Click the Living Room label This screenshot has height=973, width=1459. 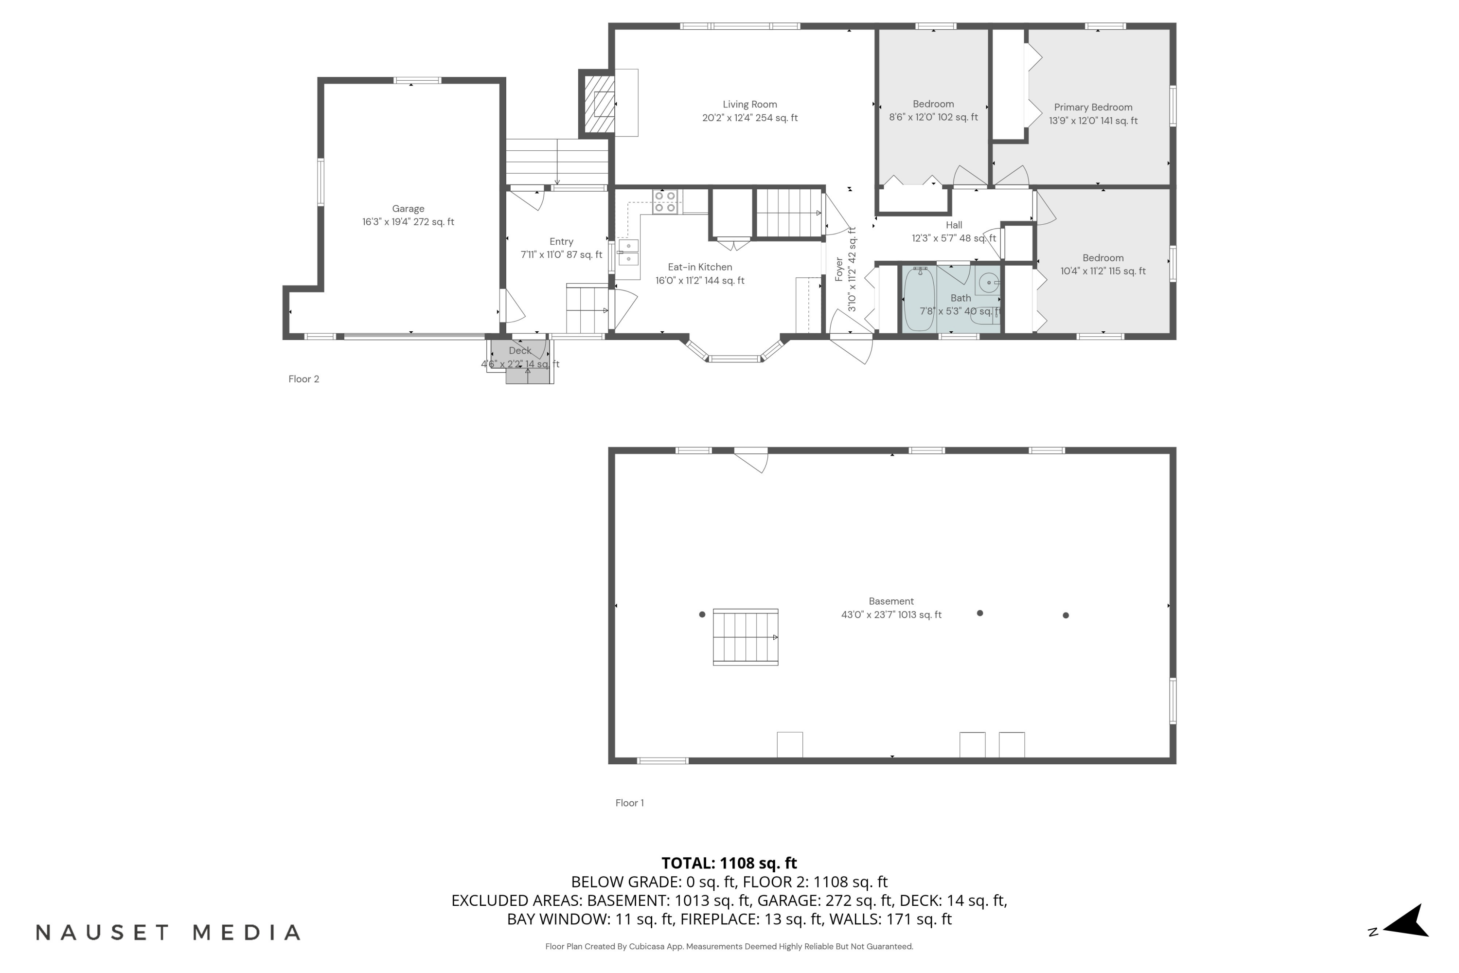(x=749, y=104)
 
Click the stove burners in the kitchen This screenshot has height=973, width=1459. (x=664, y=202)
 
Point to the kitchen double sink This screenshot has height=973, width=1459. (x=628, y=252)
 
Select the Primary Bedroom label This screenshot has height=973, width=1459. (x=1093, y=108)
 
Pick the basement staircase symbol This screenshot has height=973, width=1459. (x=745, y=637)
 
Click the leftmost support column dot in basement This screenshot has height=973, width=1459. (x=702, y=614)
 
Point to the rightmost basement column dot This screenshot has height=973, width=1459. (x=1066, y=615)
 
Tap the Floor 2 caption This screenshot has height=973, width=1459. (x=303, y=379)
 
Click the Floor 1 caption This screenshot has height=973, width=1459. (x=629, y=803)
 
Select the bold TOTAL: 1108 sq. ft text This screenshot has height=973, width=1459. (x=729, y=863)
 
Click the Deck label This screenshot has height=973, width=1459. (x=520, y=351)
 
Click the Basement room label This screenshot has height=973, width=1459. (x=891, y=601)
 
